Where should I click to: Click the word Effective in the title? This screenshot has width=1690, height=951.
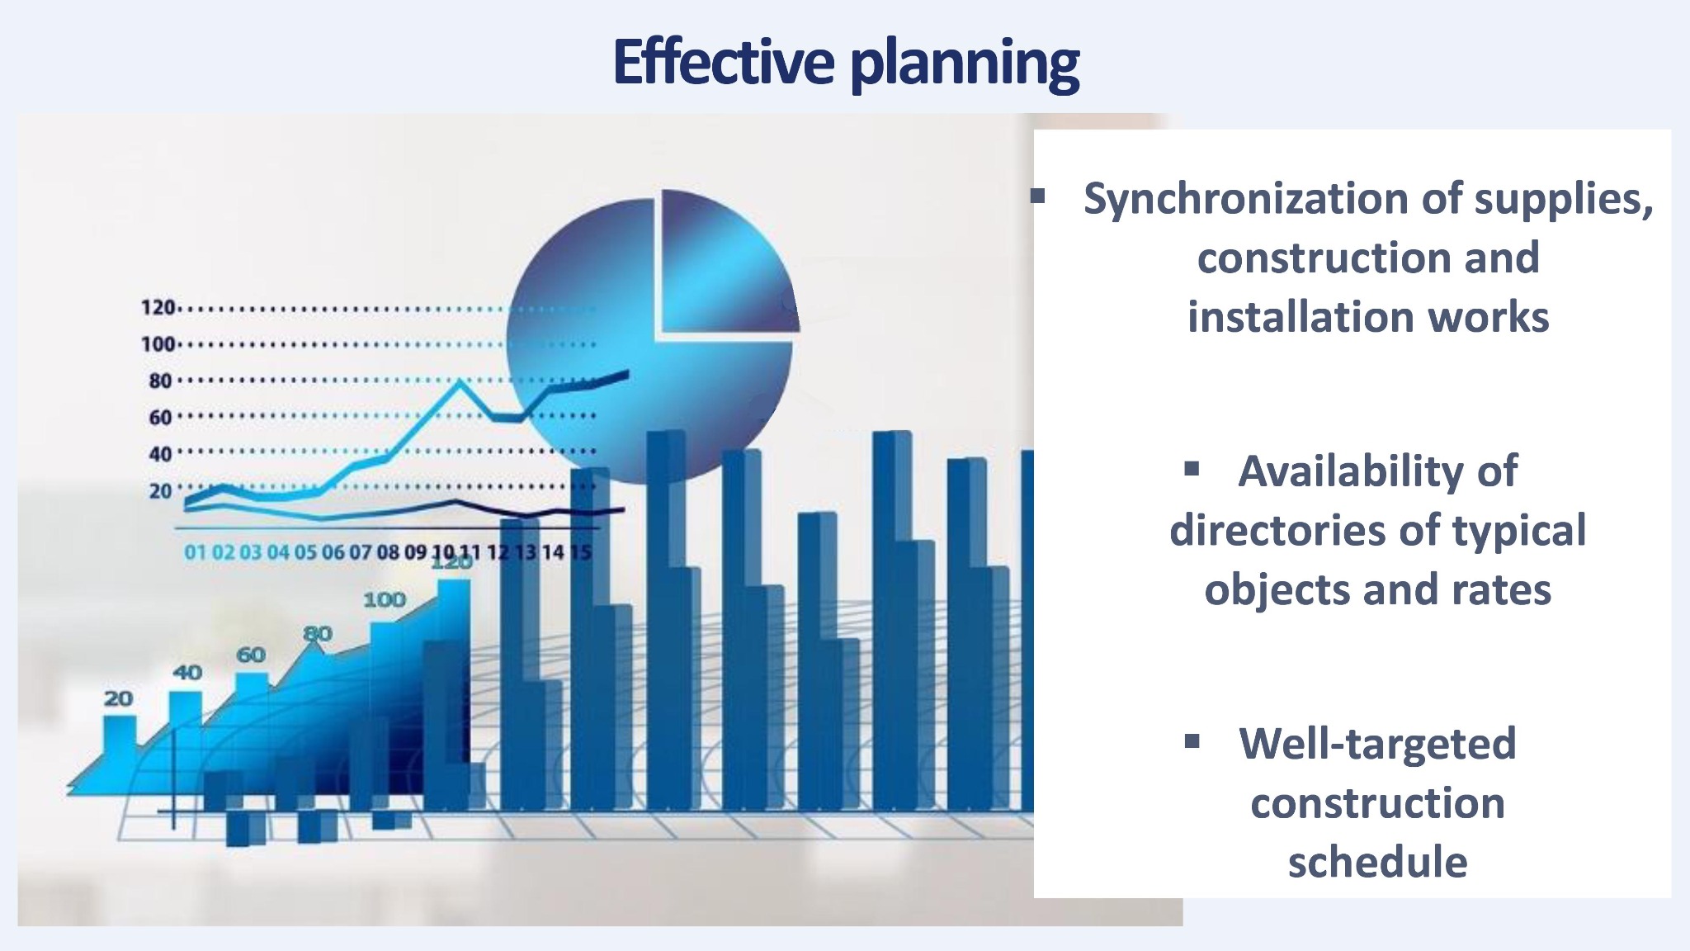(x=724, y=62)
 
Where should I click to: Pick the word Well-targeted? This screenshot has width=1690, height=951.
(x=1377, y=744)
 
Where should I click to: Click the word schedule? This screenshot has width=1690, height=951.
(x=1377, y=862)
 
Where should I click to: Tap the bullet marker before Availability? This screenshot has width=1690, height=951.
(x=1191, y=470)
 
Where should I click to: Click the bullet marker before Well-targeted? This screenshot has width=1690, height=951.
(x=1191, y=741)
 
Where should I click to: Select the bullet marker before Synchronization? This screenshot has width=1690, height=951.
(x=1037, y=196)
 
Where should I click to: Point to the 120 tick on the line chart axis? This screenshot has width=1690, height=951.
(x=158, y=308)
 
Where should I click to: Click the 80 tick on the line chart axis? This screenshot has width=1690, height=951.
(x=160, y=381)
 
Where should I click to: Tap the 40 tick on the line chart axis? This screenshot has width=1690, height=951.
(x=160, y=454)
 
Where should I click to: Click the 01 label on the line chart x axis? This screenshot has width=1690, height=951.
(x=196, y=552)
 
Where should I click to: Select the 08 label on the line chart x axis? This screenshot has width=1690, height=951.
(x=388, y=552)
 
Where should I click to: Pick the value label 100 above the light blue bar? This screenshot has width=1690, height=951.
(x=385, y=599)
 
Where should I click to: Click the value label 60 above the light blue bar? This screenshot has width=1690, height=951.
(x=251, y=655)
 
